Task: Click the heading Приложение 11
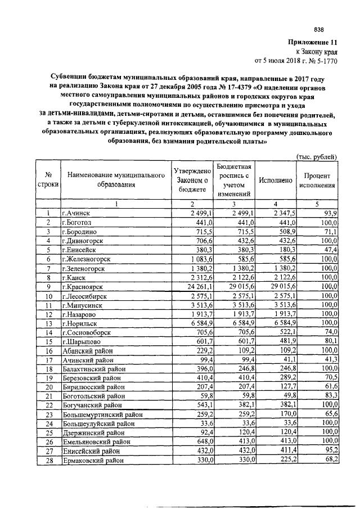pos(312,42)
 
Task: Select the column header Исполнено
pos(275,180)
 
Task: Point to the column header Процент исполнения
pos(318,180)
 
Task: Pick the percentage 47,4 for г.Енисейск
pos(329,250)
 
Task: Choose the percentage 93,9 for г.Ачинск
pos(329,213)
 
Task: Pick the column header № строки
pos(49,180)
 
